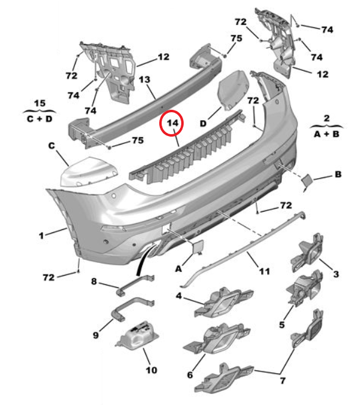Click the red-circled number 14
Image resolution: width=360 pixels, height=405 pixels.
point(173,123)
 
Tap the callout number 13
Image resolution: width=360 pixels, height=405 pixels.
point(144,79)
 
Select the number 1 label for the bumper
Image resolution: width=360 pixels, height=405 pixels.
point(41,235)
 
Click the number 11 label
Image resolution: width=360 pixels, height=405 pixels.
point(264,271)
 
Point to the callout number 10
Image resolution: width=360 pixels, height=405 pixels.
point(151,370)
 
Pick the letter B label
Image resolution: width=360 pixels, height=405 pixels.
point(338,174)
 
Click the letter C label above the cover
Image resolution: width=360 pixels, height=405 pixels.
point(52,146)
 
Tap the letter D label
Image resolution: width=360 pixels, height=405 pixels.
point(203,123)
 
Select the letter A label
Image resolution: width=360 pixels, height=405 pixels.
point(179,269)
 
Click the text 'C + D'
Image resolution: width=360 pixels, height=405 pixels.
point(40,119)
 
